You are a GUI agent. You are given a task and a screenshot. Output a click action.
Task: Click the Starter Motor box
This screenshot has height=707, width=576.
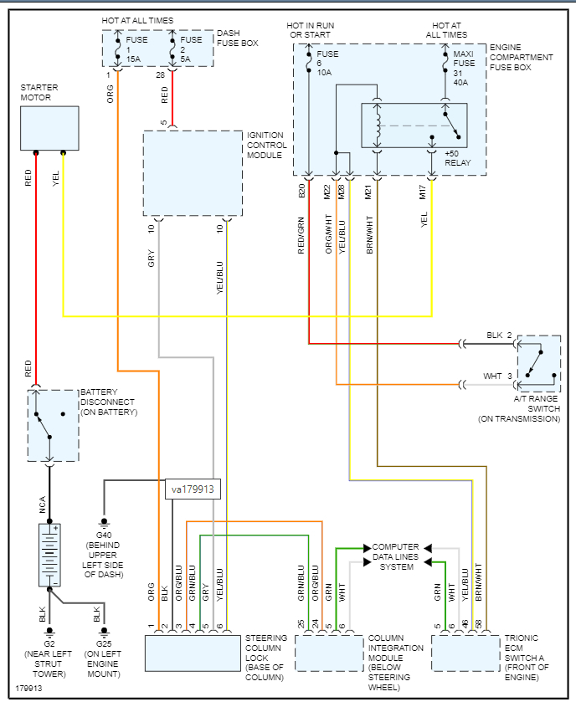click(49, 127)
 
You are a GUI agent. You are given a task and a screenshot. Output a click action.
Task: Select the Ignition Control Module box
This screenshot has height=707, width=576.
click(192, 173)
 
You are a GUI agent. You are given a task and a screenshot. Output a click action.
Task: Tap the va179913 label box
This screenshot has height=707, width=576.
click(193, 489)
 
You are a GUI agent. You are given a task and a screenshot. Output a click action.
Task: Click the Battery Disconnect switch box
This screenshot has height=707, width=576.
click(51, 424)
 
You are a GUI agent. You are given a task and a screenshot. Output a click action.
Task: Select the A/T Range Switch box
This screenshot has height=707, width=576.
click(538, 363)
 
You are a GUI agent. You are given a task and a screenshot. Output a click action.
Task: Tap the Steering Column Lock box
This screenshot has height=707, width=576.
click(192, 653)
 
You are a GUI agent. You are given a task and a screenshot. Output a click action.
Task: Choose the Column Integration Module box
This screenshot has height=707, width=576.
click(328, 653)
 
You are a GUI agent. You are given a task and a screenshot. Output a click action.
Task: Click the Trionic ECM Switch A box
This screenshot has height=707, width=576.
click(465, 653)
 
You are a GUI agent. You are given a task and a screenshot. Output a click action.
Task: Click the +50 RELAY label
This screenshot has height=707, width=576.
click(458, 157)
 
